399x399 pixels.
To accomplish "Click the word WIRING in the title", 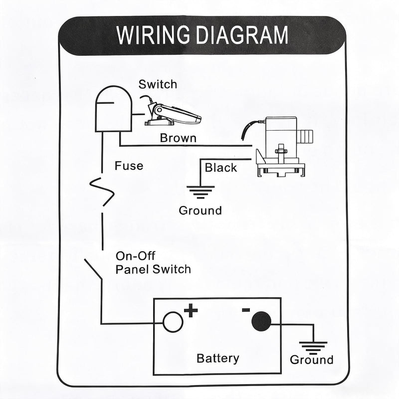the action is [x=153, y=35].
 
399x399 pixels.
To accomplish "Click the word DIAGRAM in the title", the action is [x=242, y=35].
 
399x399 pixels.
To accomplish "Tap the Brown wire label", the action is [x=178, y=138].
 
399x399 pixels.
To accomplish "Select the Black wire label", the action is [x=220, y=168].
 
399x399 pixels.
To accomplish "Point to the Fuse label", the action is [x=129, y=166].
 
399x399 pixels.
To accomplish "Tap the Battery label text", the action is [x=218, y=358].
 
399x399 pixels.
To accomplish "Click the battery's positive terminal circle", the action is [x=173, y=322].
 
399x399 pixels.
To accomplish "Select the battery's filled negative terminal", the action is [x=261, y=321].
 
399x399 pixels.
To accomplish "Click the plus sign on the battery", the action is [x=191, y=310].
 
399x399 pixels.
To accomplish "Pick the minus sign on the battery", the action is [x=246, y=310].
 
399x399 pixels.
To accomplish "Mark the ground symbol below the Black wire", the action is [x=200, y=192].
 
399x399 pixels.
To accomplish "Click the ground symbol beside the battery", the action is [x=313, y=348].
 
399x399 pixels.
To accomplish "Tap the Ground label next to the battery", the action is [x=311, y=360].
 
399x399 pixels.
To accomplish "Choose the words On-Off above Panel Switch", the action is [x=135, y=256].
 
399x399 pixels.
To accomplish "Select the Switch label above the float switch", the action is [x=158, y=84].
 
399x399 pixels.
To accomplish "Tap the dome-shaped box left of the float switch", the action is [x=114, y=109].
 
